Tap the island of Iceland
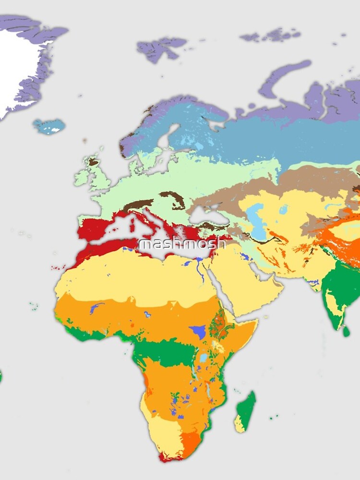click(48, 126)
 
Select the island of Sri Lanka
click(346, 331)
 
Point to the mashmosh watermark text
click(182, 243)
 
